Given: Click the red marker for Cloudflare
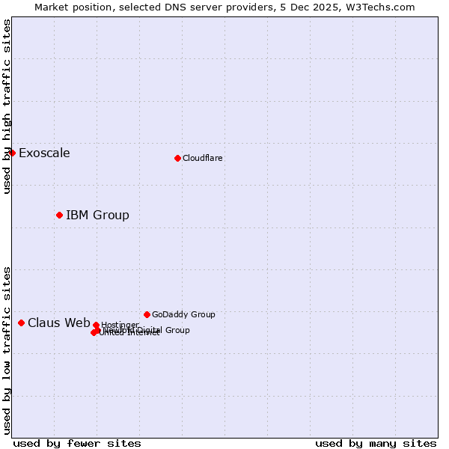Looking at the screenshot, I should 177,158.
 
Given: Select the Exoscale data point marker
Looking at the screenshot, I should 12,153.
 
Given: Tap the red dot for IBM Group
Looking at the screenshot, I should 59,215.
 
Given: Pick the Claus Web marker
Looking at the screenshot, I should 21,323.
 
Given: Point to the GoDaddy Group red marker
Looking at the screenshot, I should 147,314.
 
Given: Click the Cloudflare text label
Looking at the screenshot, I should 202,158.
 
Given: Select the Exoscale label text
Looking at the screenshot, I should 44,153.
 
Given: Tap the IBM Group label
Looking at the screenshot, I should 97,216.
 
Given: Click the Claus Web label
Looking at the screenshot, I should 58,323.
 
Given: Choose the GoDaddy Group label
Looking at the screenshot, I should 183,314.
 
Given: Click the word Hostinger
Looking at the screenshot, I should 120,325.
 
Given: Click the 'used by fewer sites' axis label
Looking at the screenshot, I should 77,443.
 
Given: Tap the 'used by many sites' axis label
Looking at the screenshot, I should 376,443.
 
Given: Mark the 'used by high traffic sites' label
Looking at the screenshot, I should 7,106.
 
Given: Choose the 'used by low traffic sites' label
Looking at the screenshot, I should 7,350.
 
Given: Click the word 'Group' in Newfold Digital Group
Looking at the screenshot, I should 177,330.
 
